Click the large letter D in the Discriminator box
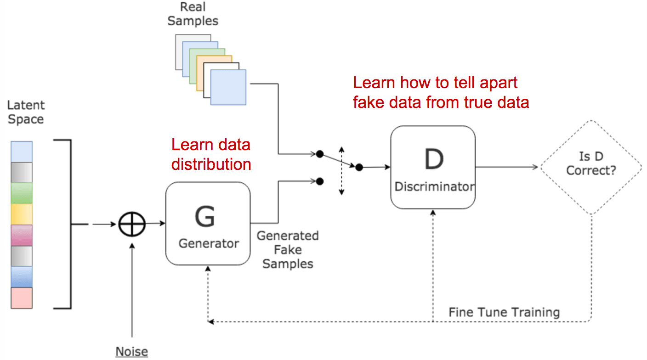433,159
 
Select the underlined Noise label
131,352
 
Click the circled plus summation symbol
132,225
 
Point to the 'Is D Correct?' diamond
590,167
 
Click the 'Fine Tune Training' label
504,313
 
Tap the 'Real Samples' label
193,14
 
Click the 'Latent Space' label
26,112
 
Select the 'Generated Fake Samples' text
288,250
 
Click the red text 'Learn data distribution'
211,154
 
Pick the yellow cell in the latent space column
22,214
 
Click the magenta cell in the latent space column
22,235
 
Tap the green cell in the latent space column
22,193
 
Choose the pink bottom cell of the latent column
22,298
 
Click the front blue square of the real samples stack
228,87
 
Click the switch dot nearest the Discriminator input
359,168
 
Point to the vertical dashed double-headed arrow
341,171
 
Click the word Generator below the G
209,243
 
